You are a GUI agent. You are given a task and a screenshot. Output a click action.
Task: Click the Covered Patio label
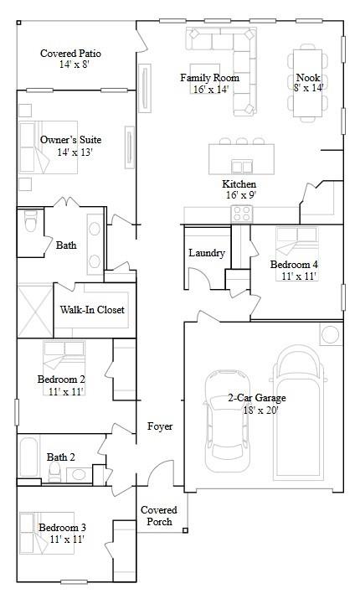tap(70, 54)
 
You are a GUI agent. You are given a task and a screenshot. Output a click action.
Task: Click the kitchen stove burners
tap(241, 213)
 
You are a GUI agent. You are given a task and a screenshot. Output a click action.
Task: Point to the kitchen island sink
tap(242, 164)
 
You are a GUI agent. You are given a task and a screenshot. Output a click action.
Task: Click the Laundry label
tap(206, 253)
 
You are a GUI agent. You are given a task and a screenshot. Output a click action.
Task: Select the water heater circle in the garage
tap(330, 335)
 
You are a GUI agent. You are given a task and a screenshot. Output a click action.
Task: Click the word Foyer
tap(160, 426)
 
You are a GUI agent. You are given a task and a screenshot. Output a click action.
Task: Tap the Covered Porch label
tap(158, 515)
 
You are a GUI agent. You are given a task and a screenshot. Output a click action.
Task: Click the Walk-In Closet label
tap(92, 310)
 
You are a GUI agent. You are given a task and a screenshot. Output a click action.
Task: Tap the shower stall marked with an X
tap(34, 310)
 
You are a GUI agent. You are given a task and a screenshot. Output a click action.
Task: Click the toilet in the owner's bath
tap(31, 224)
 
